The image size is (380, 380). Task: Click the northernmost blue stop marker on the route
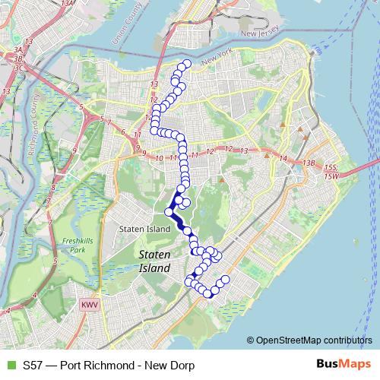[x=186, y=63]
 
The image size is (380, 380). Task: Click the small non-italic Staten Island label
[x=144, y=229]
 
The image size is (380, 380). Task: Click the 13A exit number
[x=68, y=4]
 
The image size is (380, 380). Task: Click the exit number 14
[x=283, y=159]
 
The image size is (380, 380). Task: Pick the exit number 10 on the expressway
[x=159, y=158]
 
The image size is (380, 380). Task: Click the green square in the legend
[x=10, y=365]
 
